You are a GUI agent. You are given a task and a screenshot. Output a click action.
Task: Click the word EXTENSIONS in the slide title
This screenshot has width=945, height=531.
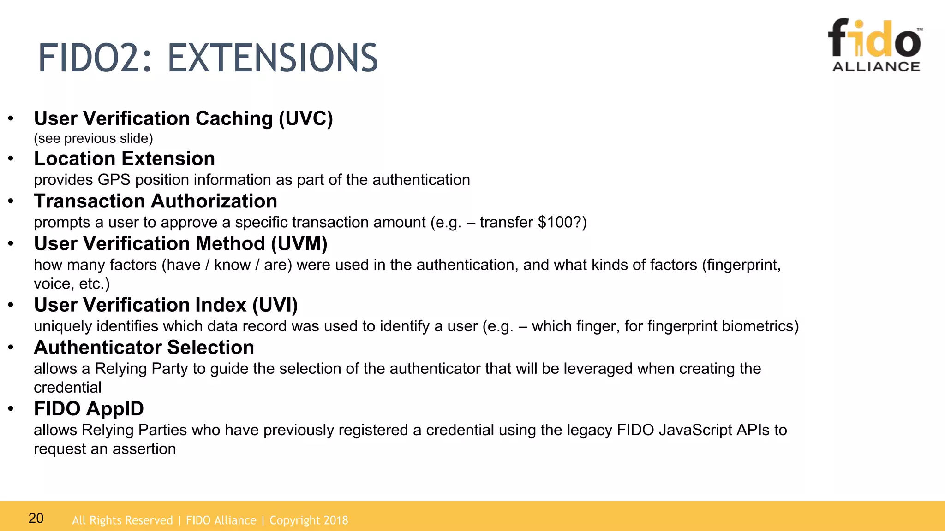[272, 58]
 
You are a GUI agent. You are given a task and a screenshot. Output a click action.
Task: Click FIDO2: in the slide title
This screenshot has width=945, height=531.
[95, 58]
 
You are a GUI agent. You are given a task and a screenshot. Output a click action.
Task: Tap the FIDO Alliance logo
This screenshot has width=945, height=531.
[875, 45]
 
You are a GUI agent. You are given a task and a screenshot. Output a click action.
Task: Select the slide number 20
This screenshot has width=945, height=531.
[36, 518]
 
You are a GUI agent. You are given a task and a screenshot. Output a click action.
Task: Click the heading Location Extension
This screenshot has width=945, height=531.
[124, 159]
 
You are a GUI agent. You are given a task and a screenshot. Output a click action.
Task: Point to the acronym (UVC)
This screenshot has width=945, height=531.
[305, 118]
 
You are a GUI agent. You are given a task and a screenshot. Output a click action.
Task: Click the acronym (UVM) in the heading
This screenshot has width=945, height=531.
[299, 243]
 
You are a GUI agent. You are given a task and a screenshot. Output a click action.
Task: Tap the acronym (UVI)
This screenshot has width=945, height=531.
[275, 305]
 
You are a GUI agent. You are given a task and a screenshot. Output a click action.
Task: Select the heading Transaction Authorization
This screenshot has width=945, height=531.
[156, 201]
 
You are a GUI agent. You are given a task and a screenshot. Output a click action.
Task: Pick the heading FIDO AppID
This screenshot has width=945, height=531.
[89, 408]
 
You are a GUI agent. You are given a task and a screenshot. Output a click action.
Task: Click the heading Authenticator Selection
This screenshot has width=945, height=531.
[144, 347]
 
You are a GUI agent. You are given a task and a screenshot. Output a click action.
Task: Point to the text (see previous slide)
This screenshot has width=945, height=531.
[93, 138]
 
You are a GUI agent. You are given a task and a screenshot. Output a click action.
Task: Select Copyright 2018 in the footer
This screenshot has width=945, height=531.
[309, 520]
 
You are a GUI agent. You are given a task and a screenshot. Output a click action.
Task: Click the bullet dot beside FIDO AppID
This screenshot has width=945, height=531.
[11, 409]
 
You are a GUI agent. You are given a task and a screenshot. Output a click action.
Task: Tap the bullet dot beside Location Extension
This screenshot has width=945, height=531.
[11, 159]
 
